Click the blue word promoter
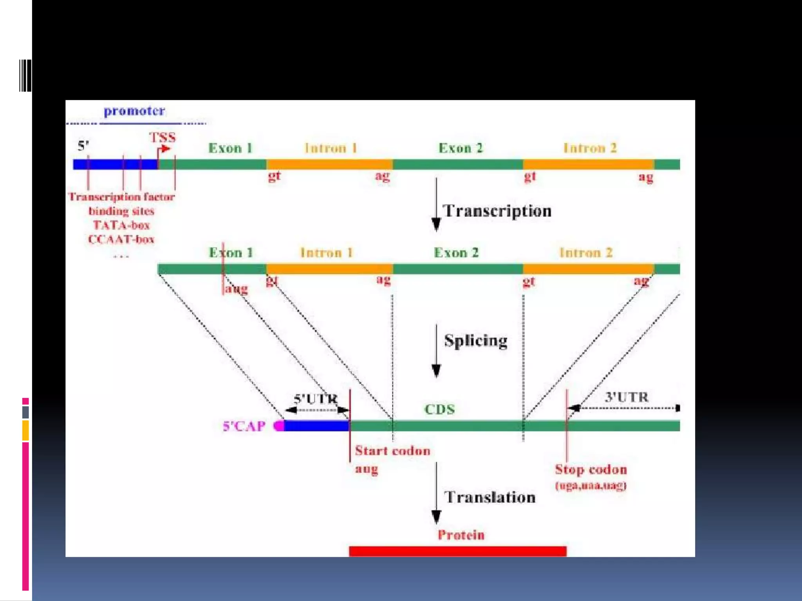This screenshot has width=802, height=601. tap(134, 111)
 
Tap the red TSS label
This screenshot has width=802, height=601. tap(162, 138)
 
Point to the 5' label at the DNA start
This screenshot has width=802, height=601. tap(83, 146)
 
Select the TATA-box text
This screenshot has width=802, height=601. tap(121, 225)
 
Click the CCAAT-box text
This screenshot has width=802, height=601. tap(121, 239)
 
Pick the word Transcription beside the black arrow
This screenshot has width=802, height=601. tap(497, 211)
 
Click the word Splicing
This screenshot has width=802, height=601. tap(476, 341)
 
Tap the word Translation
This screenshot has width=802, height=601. tap(490, 497)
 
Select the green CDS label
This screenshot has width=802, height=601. tap(440, 409)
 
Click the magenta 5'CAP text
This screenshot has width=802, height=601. tap(244, 426)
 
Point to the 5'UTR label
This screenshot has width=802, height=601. tap(316, 399)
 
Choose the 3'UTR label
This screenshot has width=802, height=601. tap(627, 397)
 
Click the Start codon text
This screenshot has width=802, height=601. tap(392, 451)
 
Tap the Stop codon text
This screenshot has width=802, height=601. tap(591, 470)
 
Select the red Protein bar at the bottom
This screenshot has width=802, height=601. tap(457, 551)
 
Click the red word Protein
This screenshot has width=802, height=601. tap(461, 535)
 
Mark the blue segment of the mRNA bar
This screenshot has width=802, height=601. tap(316, 426)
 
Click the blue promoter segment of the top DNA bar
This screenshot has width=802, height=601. tap(115, 164)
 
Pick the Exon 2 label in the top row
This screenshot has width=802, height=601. tap(461, 148)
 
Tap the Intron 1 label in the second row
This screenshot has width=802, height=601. tap(327, 253)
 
